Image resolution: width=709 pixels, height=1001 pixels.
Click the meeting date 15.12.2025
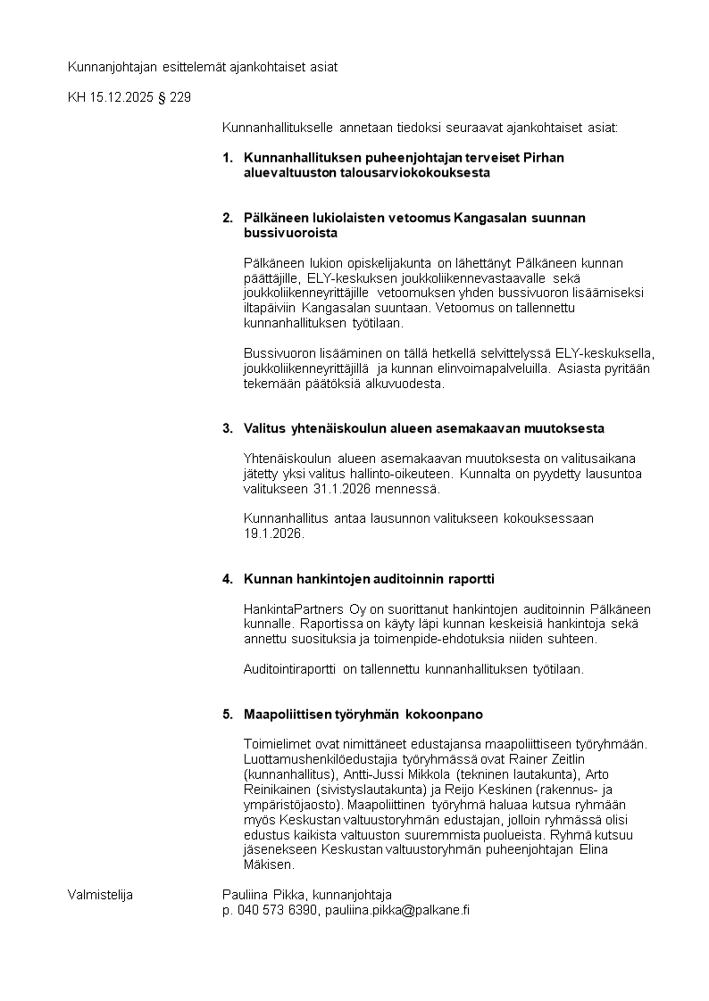pos(121,97)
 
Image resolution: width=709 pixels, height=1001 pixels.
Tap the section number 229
pos(179,97)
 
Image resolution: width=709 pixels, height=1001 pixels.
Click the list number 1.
pos(227,158)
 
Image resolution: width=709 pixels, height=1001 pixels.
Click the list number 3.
pos(227,428)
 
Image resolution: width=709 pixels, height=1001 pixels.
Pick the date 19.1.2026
pos(273,534)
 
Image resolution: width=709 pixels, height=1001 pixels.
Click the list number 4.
pos(227,578)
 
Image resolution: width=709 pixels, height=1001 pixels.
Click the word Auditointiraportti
pos(291,668)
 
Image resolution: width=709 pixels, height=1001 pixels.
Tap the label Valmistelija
pos(100,895)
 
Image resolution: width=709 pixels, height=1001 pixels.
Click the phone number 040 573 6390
pos(278,910)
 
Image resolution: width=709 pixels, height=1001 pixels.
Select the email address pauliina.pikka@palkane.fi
pos(397,910)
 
